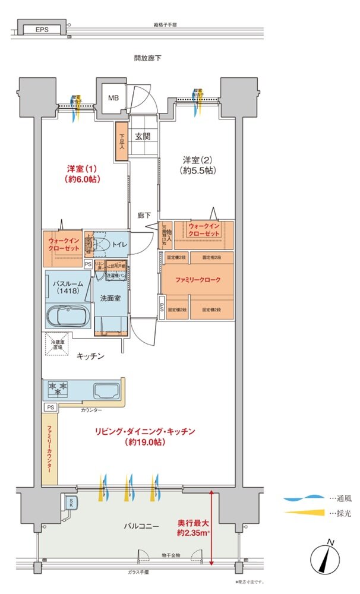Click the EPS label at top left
point(41,29)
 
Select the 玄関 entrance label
point(143,136)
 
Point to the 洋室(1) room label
point(81,173)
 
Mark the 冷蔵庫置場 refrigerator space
point(59,344)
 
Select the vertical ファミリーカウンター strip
point(49,448)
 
